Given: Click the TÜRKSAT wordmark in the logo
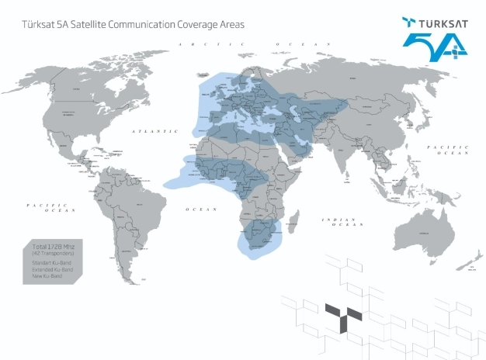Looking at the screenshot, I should [437, 23].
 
